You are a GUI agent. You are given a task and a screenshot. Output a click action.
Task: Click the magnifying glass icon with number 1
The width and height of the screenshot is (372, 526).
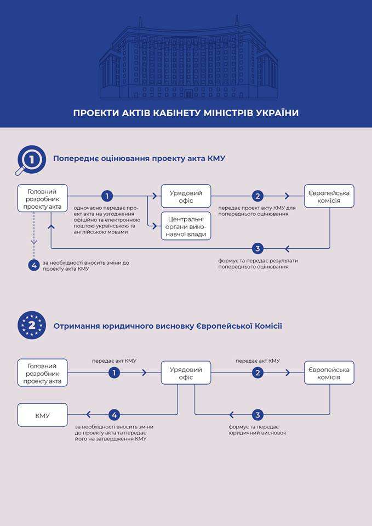tap(31, 159)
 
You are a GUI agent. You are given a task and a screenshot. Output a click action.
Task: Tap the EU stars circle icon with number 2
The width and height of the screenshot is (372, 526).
tap(32, 325)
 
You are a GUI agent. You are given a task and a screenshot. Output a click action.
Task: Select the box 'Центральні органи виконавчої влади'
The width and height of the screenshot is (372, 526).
tap(186, 226)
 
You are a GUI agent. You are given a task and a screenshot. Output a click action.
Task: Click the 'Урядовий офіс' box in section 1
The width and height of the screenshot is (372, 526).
tap(186, 197)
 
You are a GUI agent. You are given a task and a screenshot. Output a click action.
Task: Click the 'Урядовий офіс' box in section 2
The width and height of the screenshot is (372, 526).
tap(186, 373)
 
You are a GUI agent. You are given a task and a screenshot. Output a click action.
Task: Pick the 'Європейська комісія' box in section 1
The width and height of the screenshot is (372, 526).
tap(329, 196)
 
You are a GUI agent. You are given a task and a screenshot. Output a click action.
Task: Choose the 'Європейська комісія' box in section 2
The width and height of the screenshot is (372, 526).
tap(329, 373)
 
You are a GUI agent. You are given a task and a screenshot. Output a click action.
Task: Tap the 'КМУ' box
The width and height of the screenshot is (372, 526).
tap(43, 415)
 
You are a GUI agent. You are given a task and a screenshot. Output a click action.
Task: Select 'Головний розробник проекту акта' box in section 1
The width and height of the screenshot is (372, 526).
tap(43, 198)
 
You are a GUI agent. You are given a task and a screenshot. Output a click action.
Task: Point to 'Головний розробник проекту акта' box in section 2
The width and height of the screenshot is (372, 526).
tap(43, 373)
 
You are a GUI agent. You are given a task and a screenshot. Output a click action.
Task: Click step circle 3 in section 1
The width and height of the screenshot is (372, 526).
tap(258, 248)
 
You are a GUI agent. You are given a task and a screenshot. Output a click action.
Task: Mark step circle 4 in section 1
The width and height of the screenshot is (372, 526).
tap(34, 265)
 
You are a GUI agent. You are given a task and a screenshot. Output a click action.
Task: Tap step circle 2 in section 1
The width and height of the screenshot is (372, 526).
tap(258, 196)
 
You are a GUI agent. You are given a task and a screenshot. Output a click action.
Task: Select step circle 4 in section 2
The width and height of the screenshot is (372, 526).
tap(114, 415)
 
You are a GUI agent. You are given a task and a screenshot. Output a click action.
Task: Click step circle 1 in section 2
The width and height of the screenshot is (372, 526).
tap(114, 373)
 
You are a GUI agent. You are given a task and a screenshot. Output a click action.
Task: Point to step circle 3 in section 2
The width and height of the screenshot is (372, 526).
tap(258, 415)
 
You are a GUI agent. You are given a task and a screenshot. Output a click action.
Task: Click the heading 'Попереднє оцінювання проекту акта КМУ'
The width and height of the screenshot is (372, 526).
tap(139, 159)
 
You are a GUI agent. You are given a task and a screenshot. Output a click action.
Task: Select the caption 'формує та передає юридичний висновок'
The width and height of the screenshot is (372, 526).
tap(257, 430)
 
